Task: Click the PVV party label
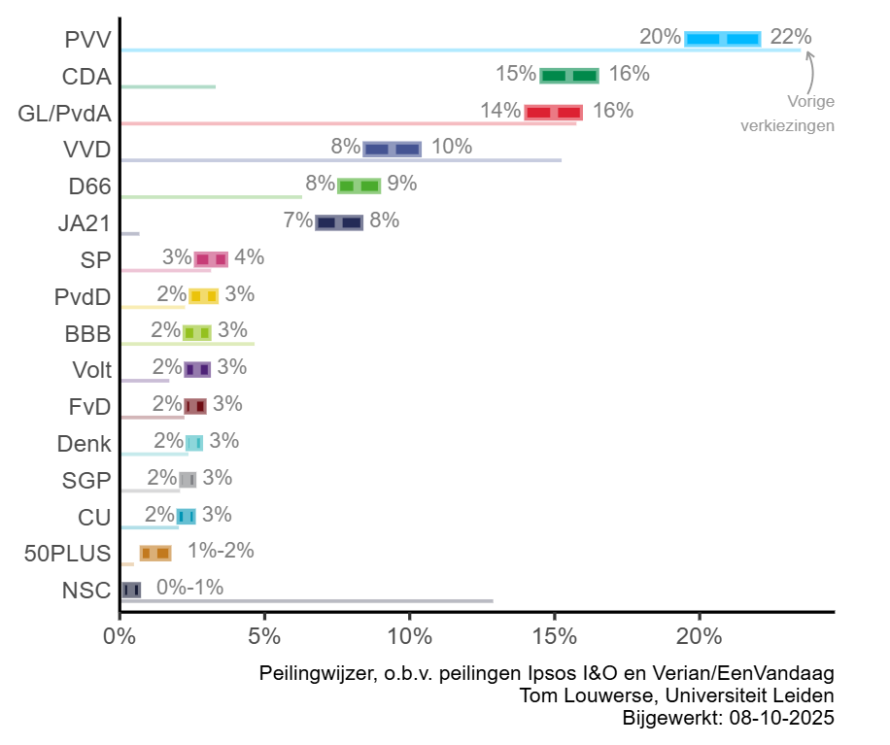87,40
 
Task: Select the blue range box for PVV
723,39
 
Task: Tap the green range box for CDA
569,76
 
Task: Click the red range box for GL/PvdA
554,113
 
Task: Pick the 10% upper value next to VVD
452,148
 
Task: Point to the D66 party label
89,186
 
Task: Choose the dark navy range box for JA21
339,222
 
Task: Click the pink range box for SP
211,259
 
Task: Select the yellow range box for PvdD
203,296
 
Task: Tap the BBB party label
88,334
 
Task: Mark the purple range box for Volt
197,369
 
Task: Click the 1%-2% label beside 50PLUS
221,551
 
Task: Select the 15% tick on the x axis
554,638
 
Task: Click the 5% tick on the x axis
264,638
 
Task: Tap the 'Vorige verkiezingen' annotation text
787,113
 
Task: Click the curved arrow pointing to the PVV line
809,70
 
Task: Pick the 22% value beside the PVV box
790,37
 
